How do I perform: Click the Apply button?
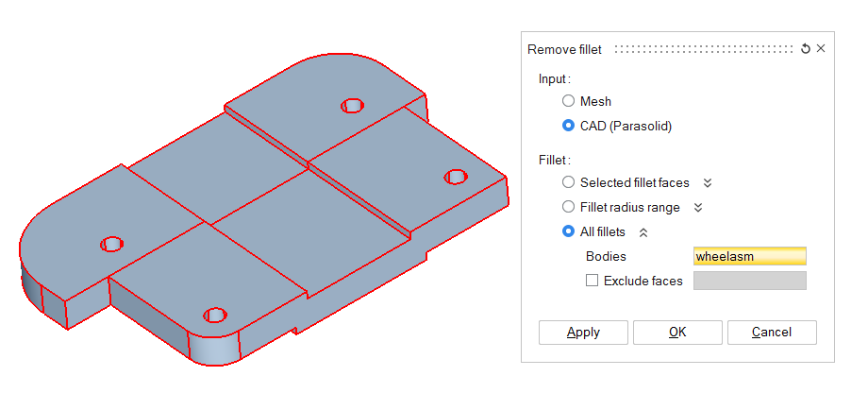point(583,332)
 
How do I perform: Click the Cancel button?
point(772,332)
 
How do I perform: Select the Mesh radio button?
point(568,101)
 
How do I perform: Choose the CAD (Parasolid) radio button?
point(568,125)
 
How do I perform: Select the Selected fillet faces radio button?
point(568,182)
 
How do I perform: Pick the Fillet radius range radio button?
point(568,207)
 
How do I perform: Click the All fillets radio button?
point(568,231)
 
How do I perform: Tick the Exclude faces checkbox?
point(592,281)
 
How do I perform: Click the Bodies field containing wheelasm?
point(749,256)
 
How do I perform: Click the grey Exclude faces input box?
point(749,281)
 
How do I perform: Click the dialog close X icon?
point(821,49)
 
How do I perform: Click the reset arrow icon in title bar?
point(805,49)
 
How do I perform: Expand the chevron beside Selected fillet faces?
point(708,182)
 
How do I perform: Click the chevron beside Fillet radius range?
point(698,207)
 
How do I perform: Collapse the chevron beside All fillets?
point(643,231)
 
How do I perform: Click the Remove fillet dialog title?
point(564,49)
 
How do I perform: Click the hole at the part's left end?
point(112,245)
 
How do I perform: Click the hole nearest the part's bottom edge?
point(215,315)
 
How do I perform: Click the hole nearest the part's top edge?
point(352,105)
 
